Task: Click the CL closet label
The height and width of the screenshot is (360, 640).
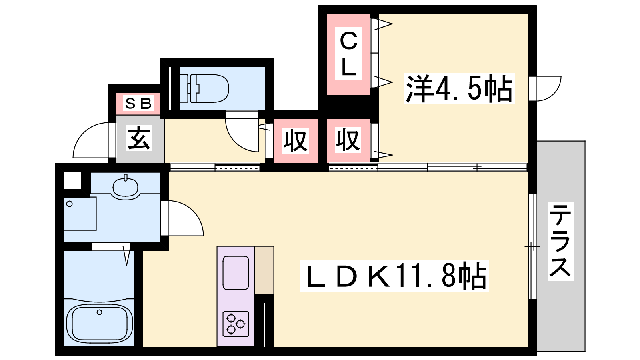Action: pos(348,54)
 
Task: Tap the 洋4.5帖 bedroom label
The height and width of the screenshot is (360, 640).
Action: pos(460,88)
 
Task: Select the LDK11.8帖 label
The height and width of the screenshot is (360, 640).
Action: pos(394,276)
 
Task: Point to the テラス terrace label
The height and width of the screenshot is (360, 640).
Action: pos(560,241)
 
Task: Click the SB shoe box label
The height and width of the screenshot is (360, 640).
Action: pos(138,103)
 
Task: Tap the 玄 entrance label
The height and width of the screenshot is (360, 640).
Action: pos(139,138)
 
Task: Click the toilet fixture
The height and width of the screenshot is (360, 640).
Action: pos(204,88)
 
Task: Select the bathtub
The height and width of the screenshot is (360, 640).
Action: pos(100,323)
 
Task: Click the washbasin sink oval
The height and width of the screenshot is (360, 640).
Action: pos(126,187)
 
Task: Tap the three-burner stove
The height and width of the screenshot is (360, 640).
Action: pos(236,324)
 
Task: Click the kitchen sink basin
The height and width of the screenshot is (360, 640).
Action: pos(236,273)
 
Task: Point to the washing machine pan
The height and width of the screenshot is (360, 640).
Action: pos(80,214)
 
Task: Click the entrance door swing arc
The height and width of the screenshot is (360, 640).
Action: pos(90,140)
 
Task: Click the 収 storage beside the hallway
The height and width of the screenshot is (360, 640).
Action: pos(296,141)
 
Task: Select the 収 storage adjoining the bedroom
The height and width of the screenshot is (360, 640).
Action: pos(348,140)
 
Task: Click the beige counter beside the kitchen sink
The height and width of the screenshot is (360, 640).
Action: pos(264,270)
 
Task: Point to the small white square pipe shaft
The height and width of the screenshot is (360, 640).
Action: pos(72,180)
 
